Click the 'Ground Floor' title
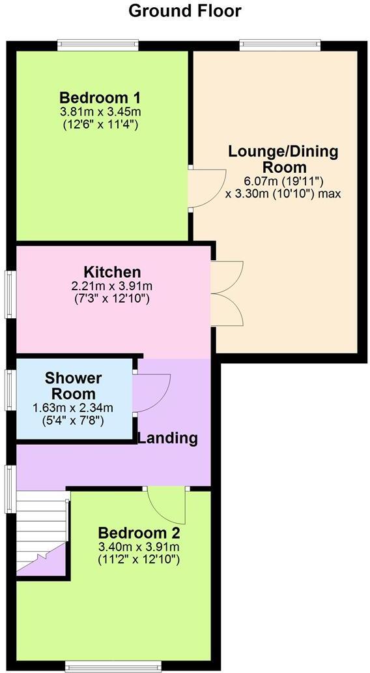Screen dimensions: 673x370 tap(185, 11)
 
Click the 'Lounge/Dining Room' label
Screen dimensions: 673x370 tap(283, 159)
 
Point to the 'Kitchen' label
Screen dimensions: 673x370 tap(112, 272)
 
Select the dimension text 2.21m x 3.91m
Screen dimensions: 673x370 tap(112, 286)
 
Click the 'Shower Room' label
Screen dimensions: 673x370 tap(73, 386)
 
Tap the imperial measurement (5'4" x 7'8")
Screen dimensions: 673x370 tap(73, 421)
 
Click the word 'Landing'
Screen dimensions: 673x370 tap(167, 438)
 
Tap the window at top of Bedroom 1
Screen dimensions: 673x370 tap(98, 45)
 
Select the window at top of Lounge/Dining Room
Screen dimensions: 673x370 tap(280, 45)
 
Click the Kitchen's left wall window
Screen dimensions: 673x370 tap(11, 294)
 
